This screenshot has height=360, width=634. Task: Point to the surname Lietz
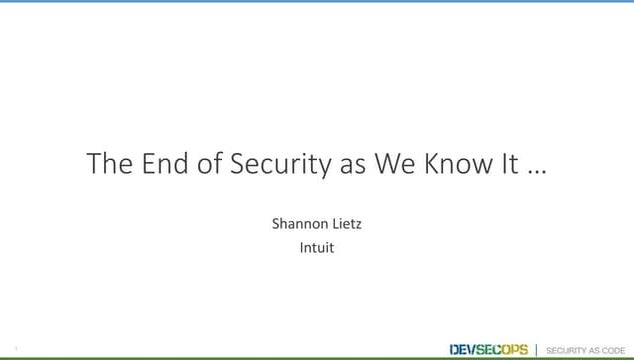click(x=346, y=224)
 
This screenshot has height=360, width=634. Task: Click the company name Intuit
click(x=317, y=247)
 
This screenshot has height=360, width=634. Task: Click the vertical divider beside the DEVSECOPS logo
click(x=537, y=349)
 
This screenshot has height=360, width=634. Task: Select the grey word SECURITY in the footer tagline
click(x=566, y=350)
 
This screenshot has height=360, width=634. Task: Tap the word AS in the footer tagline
click(x=595, y=350)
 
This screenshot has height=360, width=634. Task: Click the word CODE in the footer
click(x=614, y=350)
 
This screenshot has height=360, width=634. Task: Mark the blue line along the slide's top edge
click(x=317, y=1)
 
